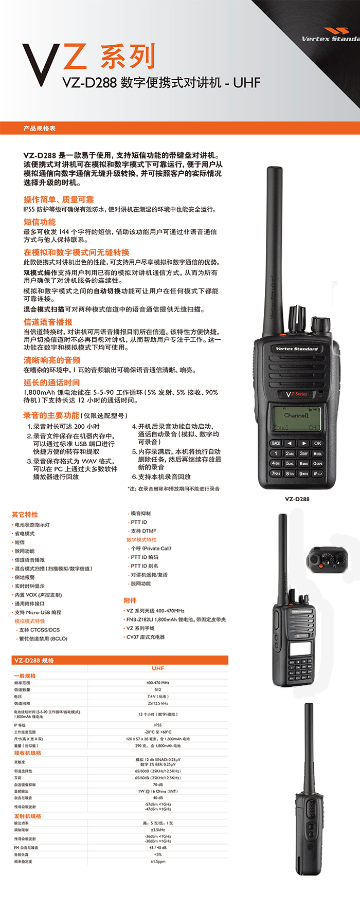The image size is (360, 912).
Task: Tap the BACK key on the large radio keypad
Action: click(x=276, y=443)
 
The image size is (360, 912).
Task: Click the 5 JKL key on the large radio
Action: click(x=290, y=463)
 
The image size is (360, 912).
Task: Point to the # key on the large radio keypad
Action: click(x=318, y=473)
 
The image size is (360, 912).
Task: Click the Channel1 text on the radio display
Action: click(x=296, y=415)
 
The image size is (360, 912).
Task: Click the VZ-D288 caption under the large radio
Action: click(x=297, y=499)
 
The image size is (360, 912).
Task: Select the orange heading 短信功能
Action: click(x=40, y=222)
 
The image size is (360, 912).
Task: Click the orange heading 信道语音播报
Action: click(x=48, y=322)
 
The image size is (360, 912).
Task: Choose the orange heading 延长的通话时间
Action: click(x=51, y=382)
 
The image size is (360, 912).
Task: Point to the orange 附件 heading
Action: click(x=130, y=600)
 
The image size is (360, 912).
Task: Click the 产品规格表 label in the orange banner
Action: click(x=39, y=129)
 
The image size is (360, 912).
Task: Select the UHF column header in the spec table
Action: click(x=158, y=668)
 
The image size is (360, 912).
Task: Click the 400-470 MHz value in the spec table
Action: click(x=158, y=683)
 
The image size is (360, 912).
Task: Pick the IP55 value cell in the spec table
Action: click(x=158, y=725)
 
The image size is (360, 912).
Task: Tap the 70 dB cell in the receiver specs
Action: click(x=158, y=785)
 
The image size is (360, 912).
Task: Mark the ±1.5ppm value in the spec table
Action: click(x=158, y=861)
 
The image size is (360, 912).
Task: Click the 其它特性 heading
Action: click(x=25, y=515)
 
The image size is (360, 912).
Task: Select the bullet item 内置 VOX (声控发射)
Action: click(x=38, y=595)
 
